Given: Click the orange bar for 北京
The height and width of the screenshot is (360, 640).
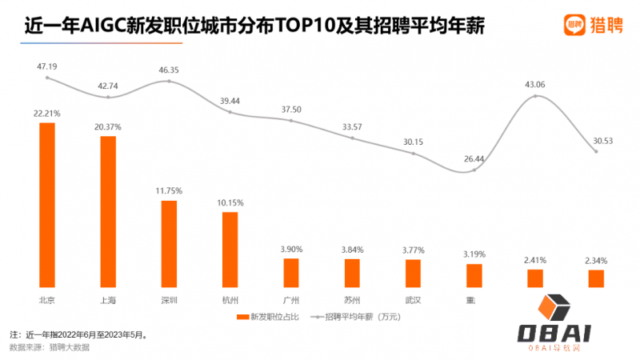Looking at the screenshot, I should [47, 204].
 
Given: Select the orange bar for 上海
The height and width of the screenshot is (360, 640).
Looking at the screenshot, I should [108, 211].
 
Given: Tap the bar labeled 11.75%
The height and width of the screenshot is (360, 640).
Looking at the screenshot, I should [169, 243].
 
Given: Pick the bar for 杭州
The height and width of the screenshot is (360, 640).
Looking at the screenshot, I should [230, 249].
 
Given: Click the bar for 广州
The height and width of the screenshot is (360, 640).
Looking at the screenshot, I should [291, 272].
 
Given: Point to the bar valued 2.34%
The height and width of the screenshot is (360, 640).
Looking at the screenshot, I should [596, 278].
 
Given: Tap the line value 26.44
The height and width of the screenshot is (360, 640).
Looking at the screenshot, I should [474, 158].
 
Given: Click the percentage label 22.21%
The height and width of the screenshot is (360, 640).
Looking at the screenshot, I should [47, 114].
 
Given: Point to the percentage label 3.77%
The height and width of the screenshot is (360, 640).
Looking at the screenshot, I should [413, 250].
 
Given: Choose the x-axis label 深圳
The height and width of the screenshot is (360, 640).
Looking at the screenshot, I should [169, 300].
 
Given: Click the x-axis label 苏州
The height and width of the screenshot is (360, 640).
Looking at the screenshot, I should [352, 300].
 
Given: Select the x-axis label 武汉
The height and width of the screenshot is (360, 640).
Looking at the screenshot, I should [413, 300].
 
